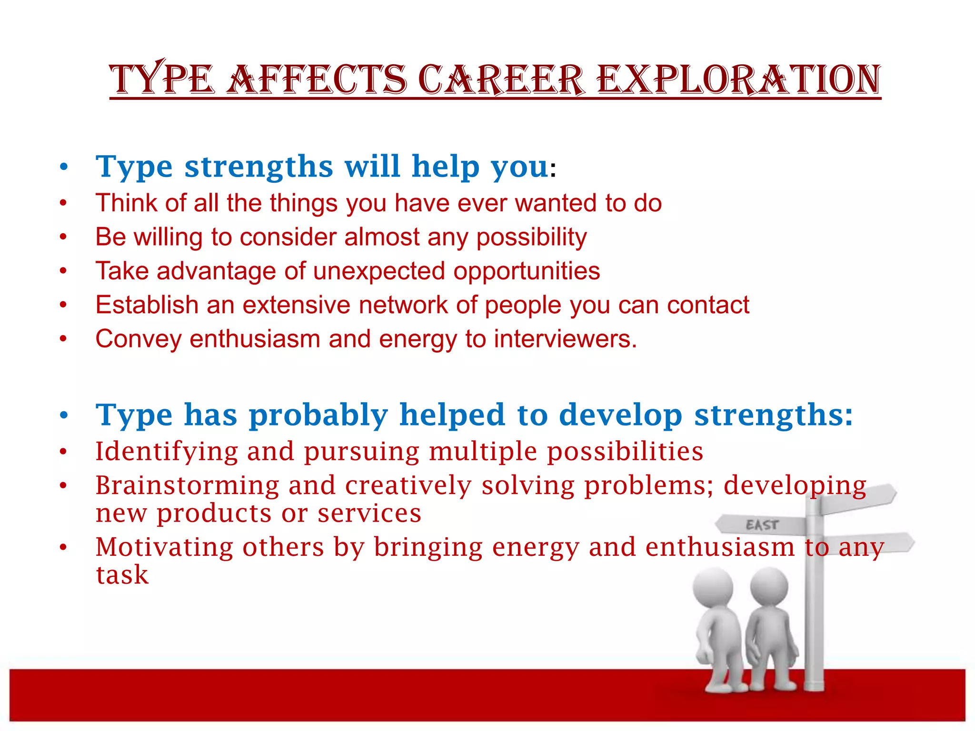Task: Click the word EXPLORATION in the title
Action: point(738,79)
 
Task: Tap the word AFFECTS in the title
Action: point(316,79)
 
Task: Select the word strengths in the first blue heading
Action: point(259,167)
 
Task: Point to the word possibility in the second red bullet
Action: point(531,237)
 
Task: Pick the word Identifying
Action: point(167,451)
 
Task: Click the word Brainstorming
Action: point(187,485)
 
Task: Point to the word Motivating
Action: point(164,547)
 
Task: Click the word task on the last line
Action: point(122,575)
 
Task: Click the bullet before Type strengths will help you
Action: point(64,168)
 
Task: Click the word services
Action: point(369,514)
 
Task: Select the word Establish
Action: point(147,305)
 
